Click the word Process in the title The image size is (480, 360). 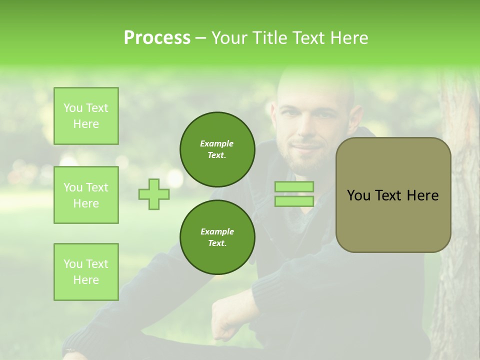157,38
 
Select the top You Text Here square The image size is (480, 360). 86,116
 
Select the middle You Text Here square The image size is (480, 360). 86,195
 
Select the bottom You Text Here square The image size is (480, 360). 86,272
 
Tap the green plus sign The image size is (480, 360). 154,194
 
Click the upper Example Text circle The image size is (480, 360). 217,149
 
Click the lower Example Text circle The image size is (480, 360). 217,237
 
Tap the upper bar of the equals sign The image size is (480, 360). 294,187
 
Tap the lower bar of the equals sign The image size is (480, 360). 294,201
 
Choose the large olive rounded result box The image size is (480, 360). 393,195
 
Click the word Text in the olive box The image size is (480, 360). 389,195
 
